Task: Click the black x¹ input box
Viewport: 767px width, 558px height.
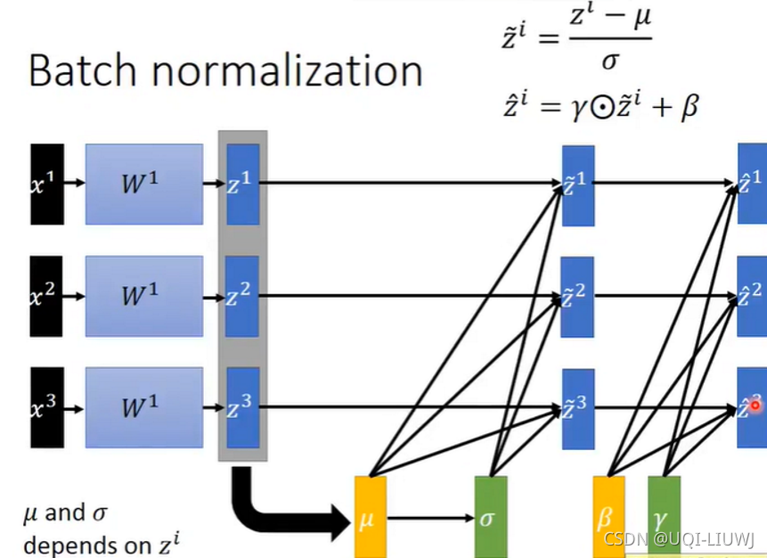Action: click(x=47, y=184)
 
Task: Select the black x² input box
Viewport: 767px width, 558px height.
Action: click(x=47, y=296)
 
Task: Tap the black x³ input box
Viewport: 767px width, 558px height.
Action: click(x=47, y=407)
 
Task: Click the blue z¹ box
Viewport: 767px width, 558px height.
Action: click(x=242, y=184)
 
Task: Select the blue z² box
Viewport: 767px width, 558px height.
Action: click(x=242, y=296)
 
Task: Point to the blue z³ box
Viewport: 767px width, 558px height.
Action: click(x=242, y=407)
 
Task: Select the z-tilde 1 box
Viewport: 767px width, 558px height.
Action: click(x=577, y=185)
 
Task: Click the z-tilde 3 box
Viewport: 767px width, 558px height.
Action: click(x=577, y=408)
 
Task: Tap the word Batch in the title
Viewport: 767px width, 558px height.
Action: click(x=83, y=70)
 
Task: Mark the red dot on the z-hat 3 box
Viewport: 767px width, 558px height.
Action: click(x=755, y=405)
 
